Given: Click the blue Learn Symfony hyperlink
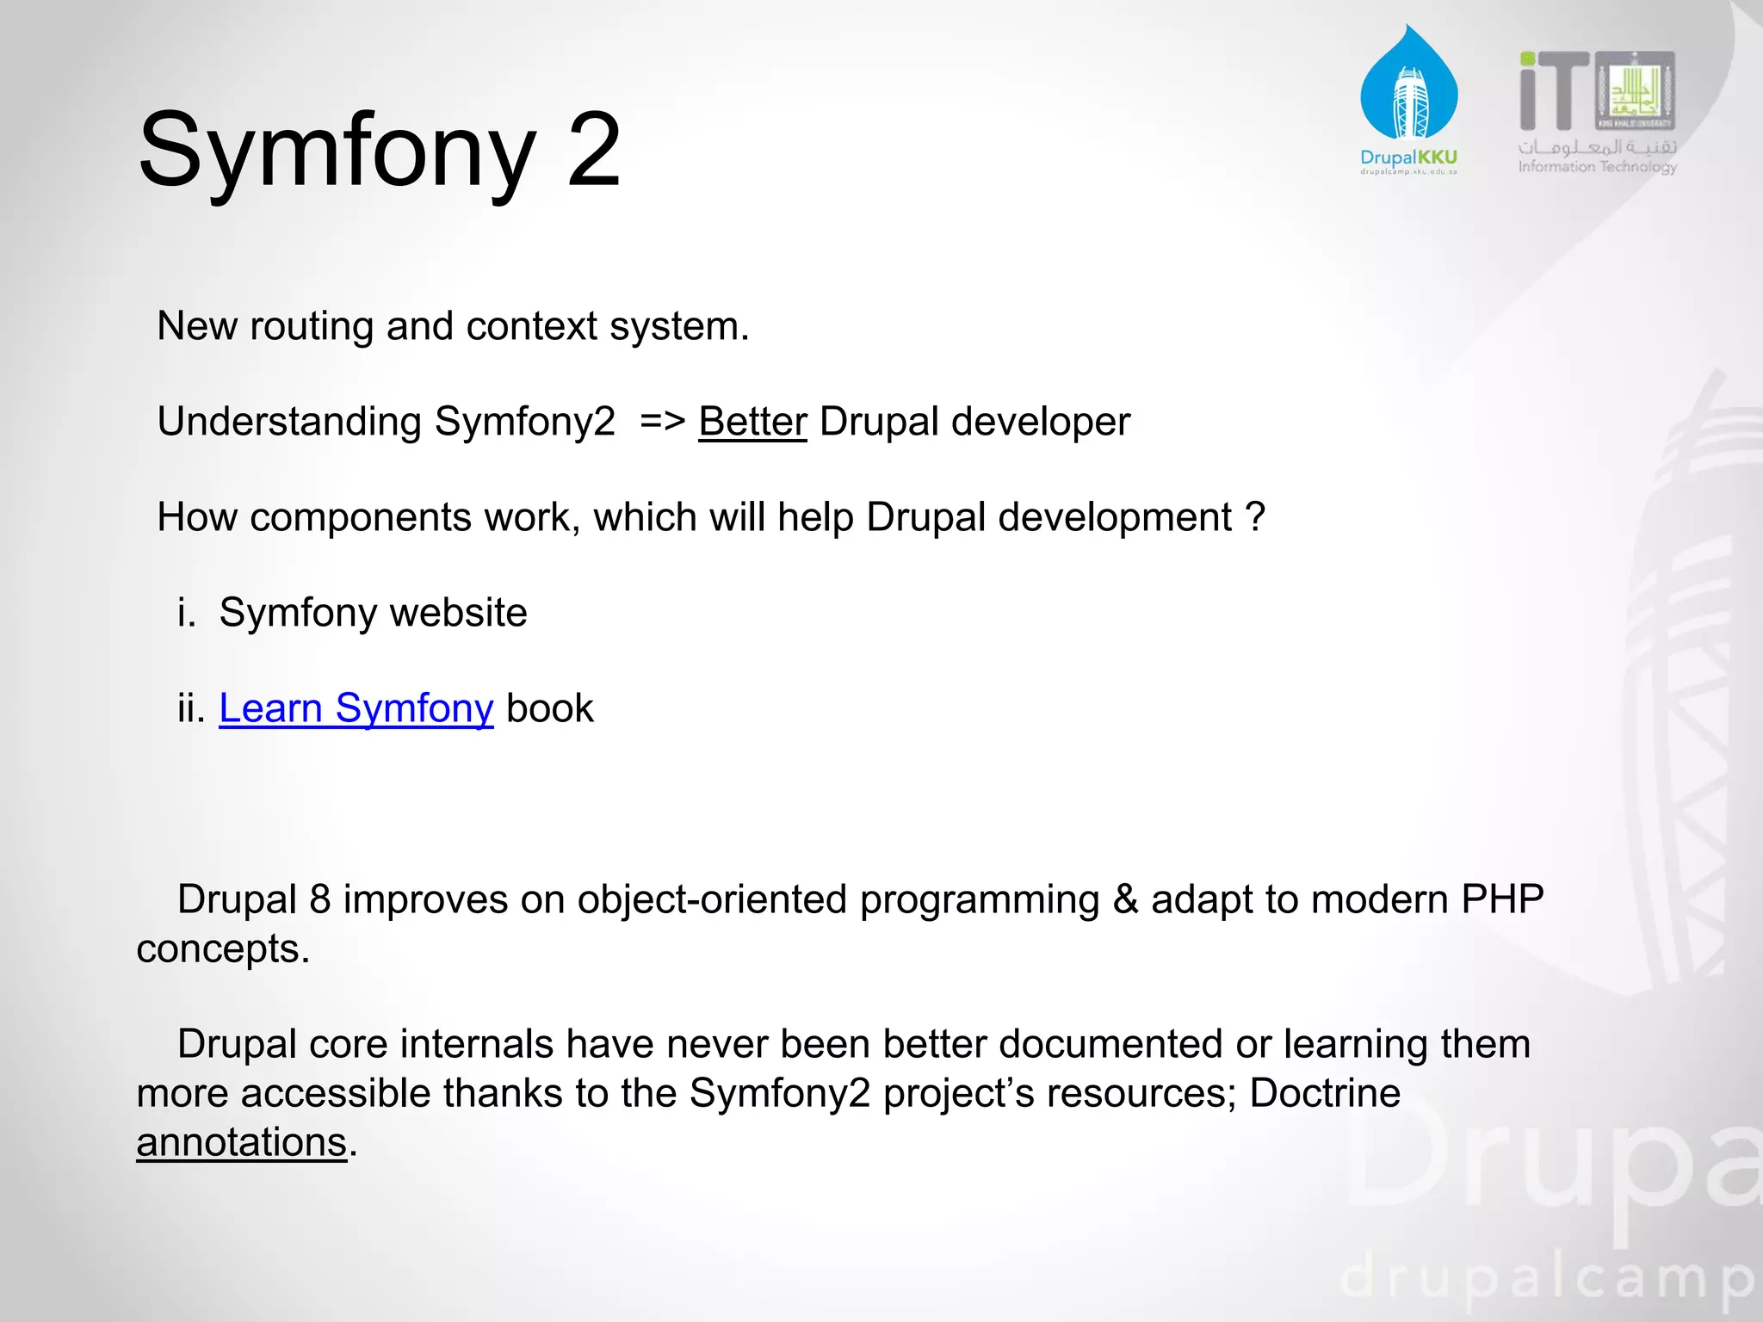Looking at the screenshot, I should tap(356, 708).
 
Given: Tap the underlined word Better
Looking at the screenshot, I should tap(752, 422).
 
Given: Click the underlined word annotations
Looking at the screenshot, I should tap(241, 1142).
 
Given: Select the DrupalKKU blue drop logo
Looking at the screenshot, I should tap(1408, 86).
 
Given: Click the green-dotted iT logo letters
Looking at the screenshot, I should tap(1553, 90).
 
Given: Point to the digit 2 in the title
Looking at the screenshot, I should tap(594, 150).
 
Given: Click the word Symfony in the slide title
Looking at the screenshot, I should tap(337, 151).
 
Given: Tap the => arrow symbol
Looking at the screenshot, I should tap(663, 422).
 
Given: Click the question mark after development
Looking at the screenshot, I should tap(1256, 517).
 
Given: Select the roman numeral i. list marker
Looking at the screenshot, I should tap(186, 613).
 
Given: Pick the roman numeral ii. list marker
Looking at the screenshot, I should tap(191, 708).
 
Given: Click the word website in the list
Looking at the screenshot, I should tap(458, 613).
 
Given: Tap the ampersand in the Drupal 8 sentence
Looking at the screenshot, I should tap(1125, 899).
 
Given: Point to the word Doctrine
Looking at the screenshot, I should tap(1325, 1093).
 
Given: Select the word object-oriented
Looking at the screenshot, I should tap(712, 899).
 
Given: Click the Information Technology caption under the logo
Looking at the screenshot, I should tap(1597, 167).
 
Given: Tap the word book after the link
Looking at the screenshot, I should tap(550, 708).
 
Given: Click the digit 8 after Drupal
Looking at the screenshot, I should tap(320, 899).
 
